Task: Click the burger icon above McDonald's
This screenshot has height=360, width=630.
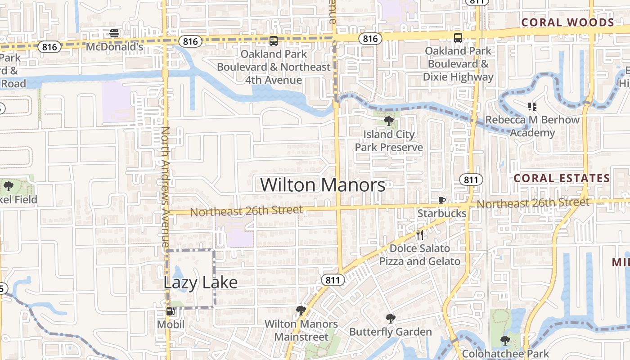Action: tap(114, 33)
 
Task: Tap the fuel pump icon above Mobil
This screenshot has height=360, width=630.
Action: tap(171, 311)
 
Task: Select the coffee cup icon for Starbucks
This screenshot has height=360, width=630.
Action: tap(442, 200)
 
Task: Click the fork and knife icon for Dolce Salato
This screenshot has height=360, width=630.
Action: tap(420, 235)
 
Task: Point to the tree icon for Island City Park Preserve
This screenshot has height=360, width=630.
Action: tap(388, 121)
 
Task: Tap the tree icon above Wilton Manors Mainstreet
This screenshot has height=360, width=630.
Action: tap(301, 310)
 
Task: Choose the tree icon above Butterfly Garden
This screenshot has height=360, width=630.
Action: tap(390, 319)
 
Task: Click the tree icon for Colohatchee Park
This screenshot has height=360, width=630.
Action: tap(505, 341)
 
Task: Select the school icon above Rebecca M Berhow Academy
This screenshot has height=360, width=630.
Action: tap(532, 107)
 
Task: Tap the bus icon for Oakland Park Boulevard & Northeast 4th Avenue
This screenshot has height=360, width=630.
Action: tap(274, 41)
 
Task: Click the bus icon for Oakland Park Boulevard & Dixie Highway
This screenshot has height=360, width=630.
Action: tap(458, 38)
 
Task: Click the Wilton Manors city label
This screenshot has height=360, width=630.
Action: tap(323, 185)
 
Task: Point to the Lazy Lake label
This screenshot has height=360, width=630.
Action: tap(200, 283)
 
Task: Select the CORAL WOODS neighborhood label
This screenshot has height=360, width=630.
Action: tap(567, 22)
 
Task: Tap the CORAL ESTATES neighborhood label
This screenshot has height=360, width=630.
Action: tap(562, 178)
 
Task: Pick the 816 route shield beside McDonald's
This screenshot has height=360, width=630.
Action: tap(49, 47)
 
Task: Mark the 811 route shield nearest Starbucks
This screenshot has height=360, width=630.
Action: tap(471, 180)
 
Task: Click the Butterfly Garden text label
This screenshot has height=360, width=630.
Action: tap(391, 332)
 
